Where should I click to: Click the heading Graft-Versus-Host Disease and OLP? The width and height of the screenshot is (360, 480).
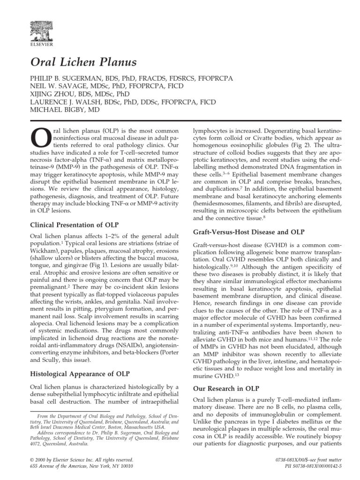(x=248, y=232)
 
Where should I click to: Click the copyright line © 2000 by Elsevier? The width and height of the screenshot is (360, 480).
(x=81, y=459)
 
